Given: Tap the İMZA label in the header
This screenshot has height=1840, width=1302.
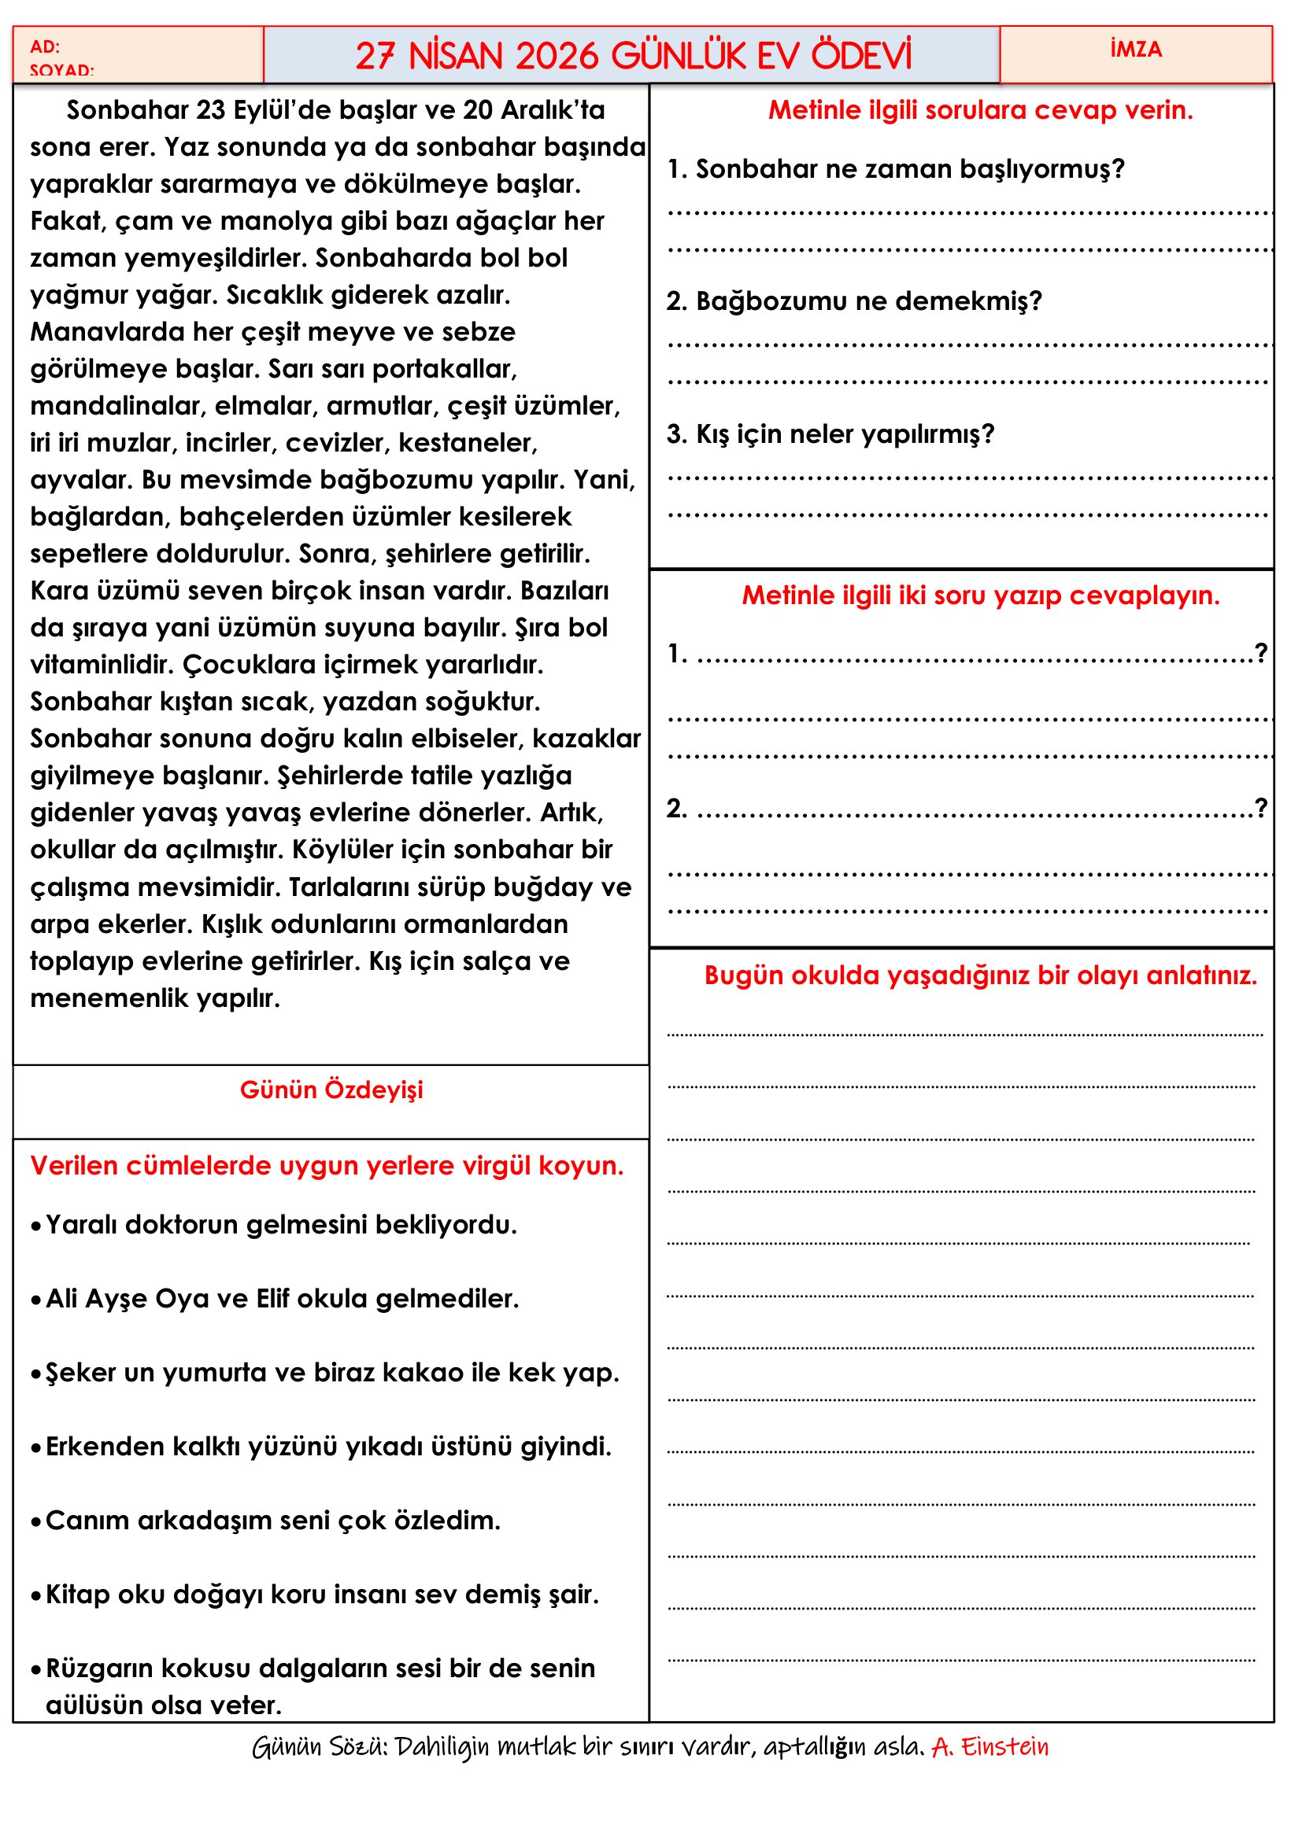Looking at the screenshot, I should (x=1135, y=50).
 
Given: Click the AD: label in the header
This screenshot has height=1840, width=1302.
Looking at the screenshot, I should (x=45, y=46).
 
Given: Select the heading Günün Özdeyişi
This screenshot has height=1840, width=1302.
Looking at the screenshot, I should (x=331, y=1090).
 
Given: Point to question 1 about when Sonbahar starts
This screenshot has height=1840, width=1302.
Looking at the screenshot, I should (x=896, y=169).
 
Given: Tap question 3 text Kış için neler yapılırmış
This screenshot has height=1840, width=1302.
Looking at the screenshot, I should (x=830, y=434).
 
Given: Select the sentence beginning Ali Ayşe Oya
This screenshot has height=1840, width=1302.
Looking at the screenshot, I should (x=283, y=1299).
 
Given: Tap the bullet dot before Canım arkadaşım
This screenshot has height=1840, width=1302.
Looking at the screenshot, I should (x=36, y=1522).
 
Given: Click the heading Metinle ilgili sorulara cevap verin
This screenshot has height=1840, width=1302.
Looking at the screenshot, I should (x=980, y=110).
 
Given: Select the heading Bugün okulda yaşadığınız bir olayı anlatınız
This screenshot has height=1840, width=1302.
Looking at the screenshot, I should (x=980, y=975).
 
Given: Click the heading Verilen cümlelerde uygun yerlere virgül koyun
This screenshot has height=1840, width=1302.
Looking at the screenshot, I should (x=327, y=1166).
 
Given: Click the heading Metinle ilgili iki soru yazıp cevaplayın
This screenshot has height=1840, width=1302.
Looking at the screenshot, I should (x=980, y=596).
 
